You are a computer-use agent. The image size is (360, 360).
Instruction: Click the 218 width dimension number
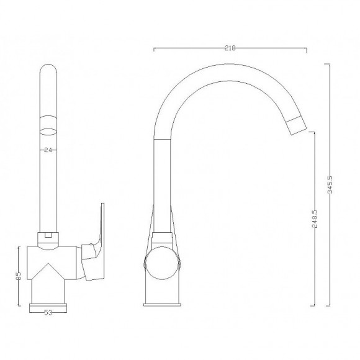point(230,47)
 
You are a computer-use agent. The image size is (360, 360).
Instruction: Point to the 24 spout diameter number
point(48,150)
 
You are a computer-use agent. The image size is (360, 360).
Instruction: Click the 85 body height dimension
point(19,274)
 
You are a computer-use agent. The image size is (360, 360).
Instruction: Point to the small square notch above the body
point(48,236)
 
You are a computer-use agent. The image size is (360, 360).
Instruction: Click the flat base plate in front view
point(48,304)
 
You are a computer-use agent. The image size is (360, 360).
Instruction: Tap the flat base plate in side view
point(163,304)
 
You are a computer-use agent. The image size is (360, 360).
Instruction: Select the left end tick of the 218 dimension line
point(154,48)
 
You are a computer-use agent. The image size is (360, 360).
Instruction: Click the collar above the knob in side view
point(163,236)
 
